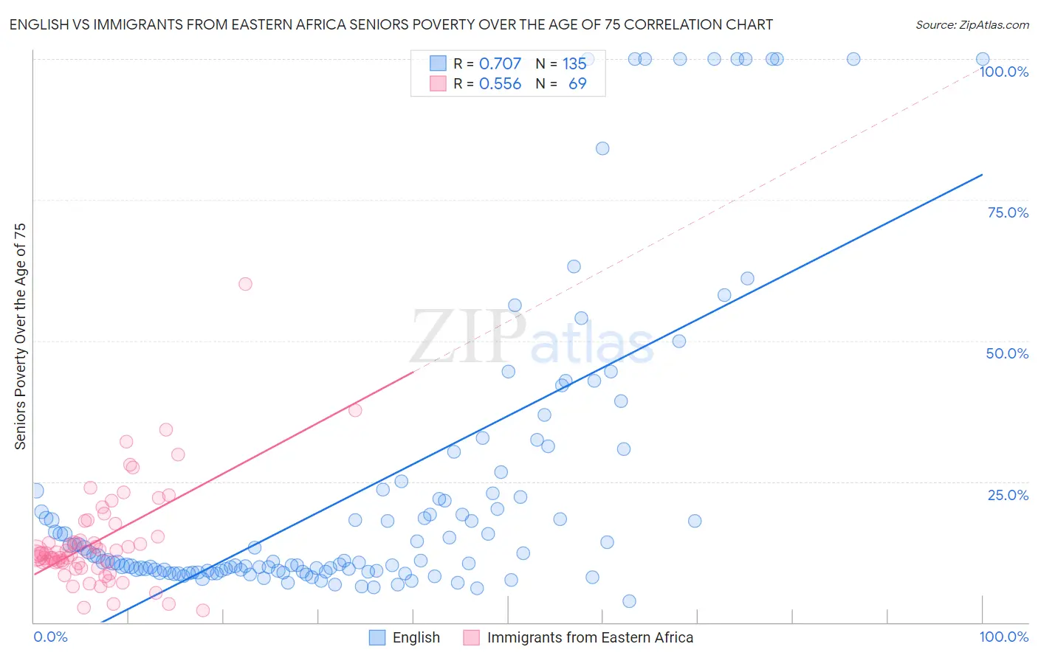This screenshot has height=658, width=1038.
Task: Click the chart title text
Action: pos(391,24)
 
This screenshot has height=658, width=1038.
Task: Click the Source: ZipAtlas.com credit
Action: pos(972,24)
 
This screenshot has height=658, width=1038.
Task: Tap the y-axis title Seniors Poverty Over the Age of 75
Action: pos(20,336)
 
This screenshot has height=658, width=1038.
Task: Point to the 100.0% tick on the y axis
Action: pos(1003,72)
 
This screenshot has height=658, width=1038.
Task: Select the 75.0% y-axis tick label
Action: pos(1008,212)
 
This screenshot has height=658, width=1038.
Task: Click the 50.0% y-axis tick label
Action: pos(1007,353)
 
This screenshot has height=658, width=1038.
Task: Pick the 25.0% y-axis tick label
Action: pos(1008,495)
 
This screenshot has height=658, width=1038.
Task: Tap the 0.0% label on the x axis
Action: pos(50,637)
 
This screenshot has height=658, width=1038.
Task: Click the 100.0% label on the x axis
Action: pos(1003,637)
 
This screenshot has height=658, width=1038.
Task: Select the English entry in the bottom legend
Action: pos(416,637)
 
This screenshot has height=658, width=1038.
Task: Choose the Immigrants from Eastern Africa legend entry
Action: pos(590,637)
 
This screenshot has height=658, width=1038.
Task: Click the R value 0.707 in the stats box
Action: pos(500,64)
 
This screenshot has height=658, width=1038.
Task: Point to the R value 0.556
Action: pos(500,84)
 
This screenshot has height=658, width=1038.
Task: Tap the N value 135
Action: pos(574,64)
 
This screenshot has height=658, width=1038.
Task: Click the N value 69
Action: pos(577,84)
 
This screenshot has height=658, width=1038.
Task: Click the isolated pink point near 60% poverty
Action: pos(245,284)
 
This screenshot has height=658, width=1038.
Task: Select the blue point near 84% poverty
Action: pos(602,148)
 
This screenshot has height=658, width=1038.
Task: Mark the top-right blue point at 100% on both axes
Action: pos(982,59)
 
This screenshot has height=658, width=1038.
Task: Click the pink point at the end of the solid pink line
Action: pos(355,410)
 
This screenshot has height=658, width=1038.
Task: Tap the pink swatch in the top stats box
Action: pos(438,84)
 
